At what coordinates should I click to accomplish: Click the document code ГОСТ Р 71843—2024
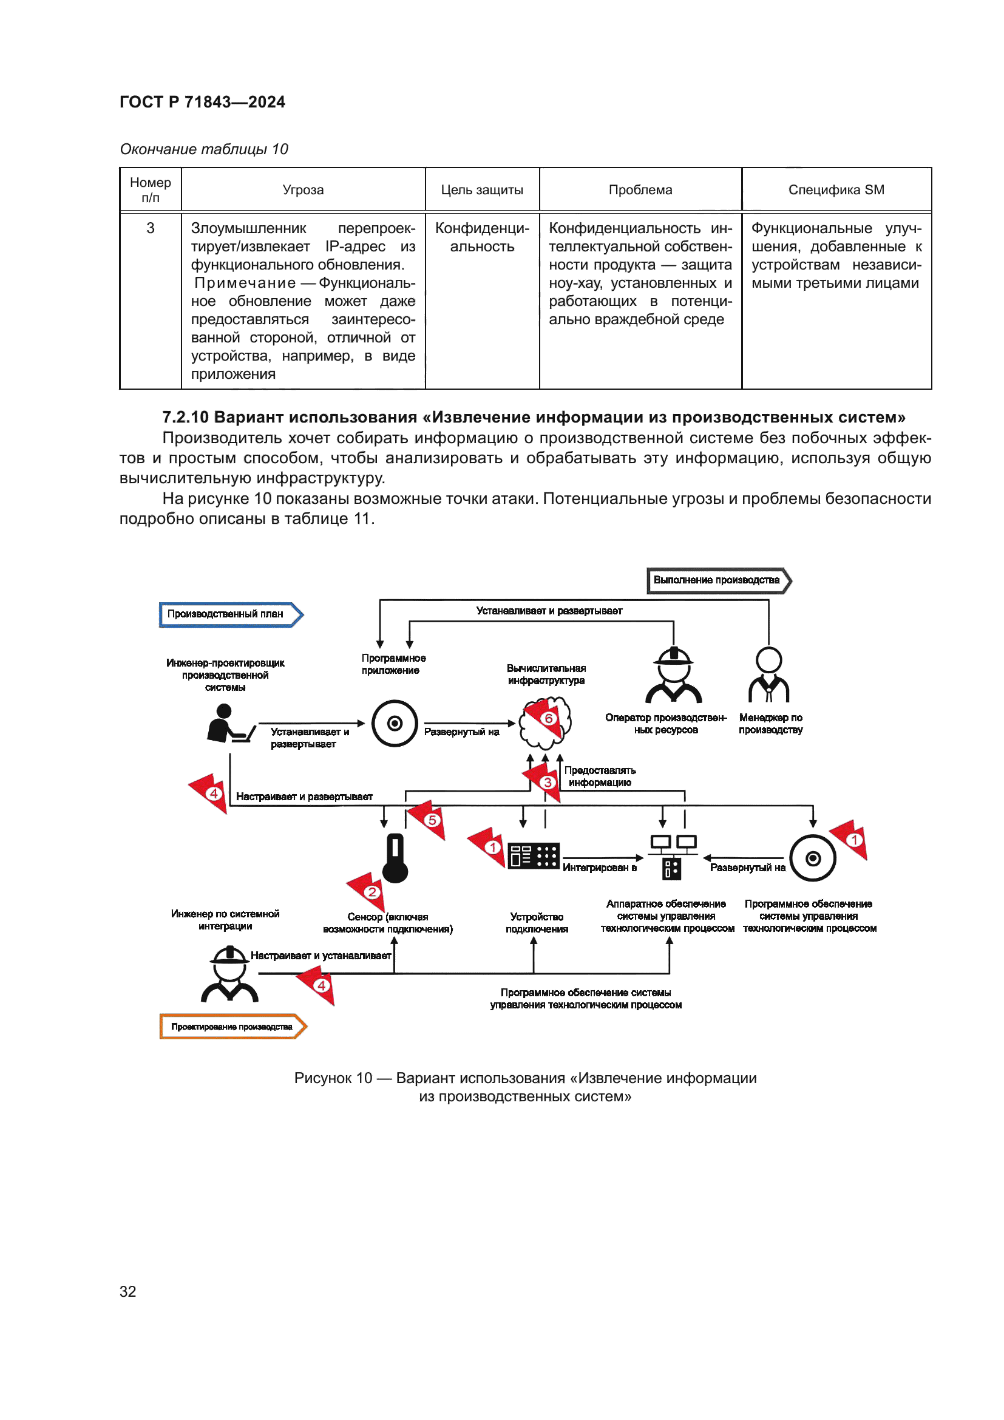click(202, 102)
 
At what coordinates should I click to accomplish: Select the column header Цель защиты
click(481, 190)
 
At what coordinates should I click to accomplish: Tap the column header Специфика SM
click(836, 190)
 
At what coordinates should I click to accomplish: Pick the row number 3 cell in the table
click(150, 228)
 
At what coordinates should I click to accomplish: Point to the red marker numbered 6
click(548, 718)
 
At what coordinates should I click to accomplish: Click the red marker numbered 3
click(547, 783)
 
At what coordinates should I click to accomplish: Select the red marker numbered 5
click(432, 820)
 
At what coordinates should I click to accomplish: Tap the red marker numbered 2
click(371, 892)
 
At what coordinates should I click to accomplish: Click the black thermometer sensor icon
click(395, 858)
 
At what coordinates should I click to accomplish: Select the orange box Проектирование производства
click(232, 1027)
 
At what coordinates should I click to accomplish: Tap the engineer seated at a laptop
click(229, 724)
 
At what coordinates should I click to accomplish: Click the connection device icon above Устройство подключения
click(534, 856)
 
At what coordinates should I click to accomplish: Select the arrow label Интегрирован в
click(599, 868)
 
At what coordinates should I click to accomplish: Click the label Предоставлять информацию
click(600, 776)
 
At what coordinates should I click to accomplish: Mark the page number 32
click(128, 1291)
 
